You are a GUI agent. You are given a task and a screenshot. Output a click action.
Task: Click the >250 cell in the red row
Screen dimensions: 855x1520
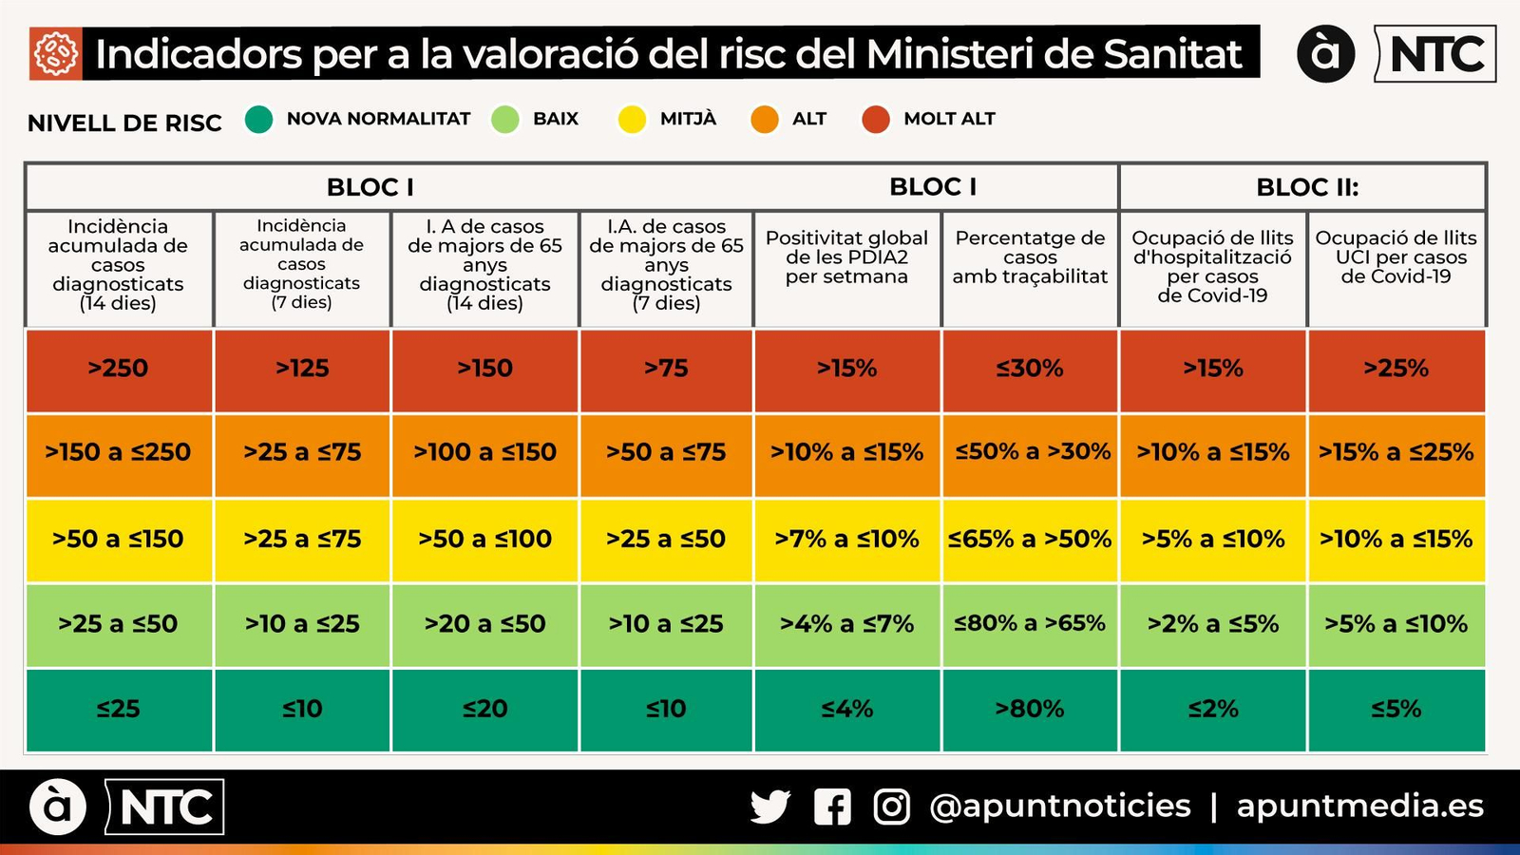tap(119, 369)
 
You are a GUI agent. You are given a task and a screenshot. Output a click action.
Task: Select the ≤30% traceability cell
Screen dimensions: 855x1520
tap(1030, 369)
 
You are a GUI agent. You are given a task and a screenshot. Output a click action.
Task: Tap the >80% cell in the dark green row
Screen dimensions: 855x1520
tap(1030, 709)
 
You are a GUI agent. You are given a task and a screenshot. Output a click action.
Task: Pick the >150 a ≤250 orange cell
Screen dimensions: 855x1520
tap(119, 452)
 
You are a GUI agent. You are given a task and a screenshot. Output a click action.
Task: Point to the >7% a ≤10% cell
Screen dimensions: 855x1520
tap(846, 540)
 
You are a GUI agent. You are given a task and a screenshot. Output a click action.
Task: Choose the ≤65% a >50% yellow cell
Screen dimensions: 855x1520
tap(1030, 540)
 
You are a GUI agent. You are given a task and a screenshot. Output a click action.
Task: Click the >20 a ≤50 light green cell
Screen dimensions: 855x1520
tap(484, 624)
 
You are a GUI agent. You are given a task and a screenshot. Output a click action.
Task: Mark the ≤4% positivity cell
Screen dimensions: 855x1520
tap(846, 709)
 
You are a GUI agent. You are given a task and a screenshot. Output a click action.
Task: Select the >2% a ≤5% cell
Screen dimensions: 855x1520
tap(1213, 624)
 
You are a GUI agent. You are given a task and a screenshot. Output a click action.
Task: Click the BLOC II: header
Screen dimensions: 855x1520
tap(1307, 187)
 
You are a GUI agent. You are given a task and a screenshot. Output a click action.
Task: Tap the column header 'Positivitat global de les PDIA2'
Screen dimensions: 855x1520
tap(846, 257)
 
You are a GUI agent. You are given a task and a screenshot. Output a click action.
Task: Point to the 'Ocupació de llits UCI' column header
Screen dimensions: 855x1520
tap(1396, 257)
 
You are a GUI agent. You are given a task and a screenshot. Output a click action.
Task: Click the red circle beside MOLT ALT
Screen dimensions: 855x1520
tap(876, 120)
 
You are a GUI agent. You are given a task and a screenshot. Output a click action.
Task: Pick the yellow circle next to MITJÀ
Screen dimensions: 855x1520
tap(632, 120)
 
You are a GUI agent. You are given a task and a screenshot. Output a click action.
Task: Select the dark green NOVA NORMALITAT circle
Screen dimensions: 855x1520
tap(258, 120)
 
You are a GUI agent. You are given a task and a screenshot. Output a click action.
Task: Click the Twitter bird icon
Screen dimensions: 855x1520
tap(769, 807)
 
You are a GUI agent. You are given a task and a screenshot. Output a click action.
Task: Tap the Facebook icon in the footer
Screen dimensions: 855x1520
tap(832, 807)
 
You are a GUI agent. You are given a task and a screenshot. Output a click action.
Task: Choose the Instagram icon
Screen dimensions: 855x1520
tap(891, 807)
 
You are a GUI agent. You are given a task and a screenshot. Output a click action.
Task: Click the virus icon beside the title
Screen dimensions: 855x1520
tap(56, 53)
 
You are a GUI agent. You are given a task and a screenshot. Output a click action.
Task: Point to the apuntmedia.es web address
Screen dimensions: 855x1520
tap(1359, 807)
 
